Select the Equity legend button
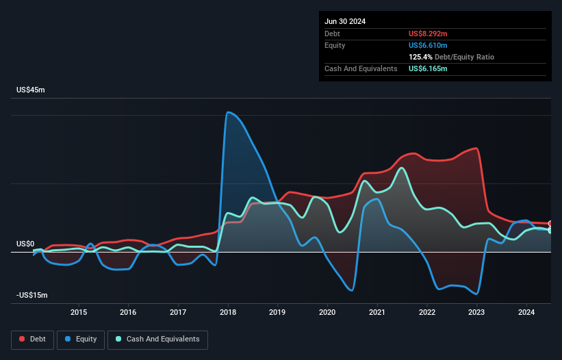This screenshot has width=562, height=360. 81,339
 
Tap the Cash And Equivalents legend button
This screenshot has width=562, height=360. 157,339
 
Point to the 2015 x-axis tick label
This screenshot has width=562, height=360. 79,313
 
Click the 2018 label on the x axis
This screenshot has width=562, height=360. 228,313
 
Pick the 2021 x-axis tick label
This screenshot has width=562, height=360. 377,313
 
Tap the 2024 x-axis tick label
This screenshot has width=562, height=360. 526,313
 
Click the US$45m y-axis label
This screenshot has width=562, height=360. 31,90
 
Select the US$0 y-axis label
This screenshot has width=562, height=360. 25,244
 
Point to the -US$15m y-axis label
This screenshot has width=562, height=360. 33,295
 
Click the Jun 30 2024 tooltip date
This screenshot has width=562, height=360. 345,21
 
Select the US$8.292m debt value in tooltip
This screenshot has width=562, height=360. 428,34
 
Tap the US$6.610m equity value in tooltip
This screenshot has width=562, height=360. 428,45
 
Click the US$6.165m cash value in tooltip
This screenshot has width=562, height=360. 428,68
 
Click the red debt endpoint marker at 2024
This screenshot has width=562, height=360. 550,224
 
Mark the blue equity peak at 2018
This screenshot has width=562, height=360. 228,112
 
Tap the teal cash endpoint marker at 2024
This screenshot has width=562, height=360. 550,231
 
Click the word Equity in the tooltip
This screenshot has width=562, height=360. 335,45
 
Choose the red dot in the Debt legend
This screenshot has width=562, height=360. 23,339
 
